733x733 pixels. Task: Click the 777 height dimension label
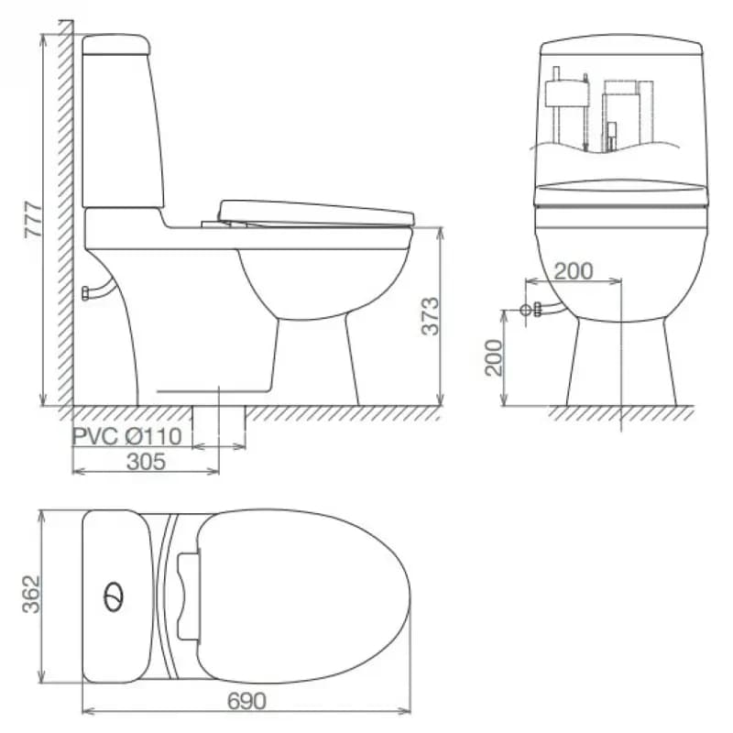tap(34, 220)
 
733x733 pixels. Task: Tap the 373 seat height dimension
tap(431, 316)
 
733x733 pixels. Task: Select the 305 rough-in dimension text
tap(146, 462)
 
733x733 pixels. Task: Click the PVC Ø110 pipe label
tap(127, 437)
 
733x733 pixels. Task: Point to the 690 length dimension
tap(246, 701)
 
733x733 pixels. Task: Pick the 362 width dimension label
tap(32, 594)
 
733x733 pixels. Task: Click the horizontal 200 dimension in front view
tap(574, 271)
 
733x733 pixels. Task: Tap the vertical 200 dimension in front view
tap(494, 357)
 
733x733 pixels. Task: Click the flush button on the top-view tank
tap(114, 597)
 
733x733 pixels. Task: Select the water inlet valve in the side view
tap(86, 293)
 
